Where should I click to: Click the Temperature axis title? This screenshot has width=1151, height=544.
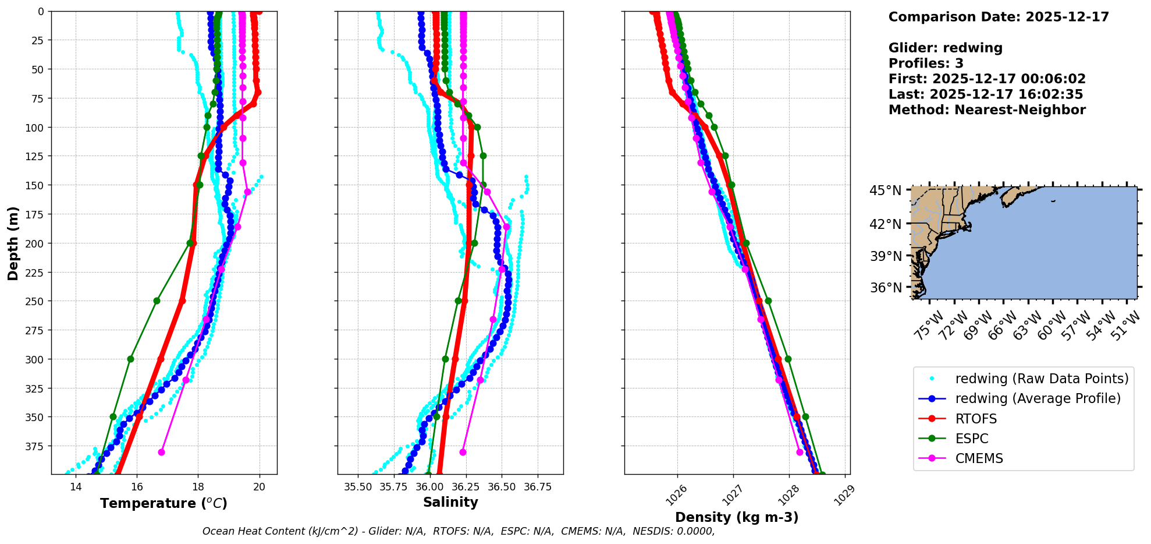point(164,503)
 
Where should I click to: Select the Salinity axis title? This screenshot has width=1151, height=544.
point(450,502)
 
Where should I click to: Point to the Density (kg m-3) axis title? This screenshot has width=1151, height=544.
point(737,517)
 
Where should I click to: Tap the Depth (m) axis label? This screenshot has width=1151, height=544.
point(13,243)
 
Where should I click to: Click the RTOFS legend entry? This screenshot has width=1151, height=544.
point(976,419)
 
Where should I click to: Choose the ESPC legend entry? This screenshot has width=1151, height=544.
point(972,439)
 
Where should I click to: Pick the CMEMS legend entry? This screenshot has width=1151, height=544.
point(979,458)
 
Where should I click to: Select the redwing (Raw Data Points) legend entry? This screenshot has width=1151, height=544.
point(1042,379)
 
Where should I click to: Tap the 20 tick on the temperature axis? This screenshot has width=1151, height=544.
point(260,487)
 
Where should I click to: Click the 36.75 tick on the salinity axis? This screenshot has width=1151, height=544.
point(537,487)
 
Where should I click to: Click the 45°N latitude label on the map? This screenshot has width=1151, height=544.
point(885,191)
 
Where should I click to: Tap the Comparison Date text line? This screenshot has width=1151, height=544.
point(999,17)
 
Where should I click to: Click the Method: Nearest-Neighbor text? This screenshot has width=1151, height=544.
point(987,110)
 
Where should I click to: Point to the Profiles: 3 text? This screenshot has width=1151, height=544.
point(926,63)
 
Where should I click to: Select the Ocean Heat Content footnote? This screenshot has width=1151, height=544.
point(459,531)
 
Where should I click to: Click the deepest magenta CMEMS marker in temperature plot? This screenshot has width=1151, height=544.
point(161,452)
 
